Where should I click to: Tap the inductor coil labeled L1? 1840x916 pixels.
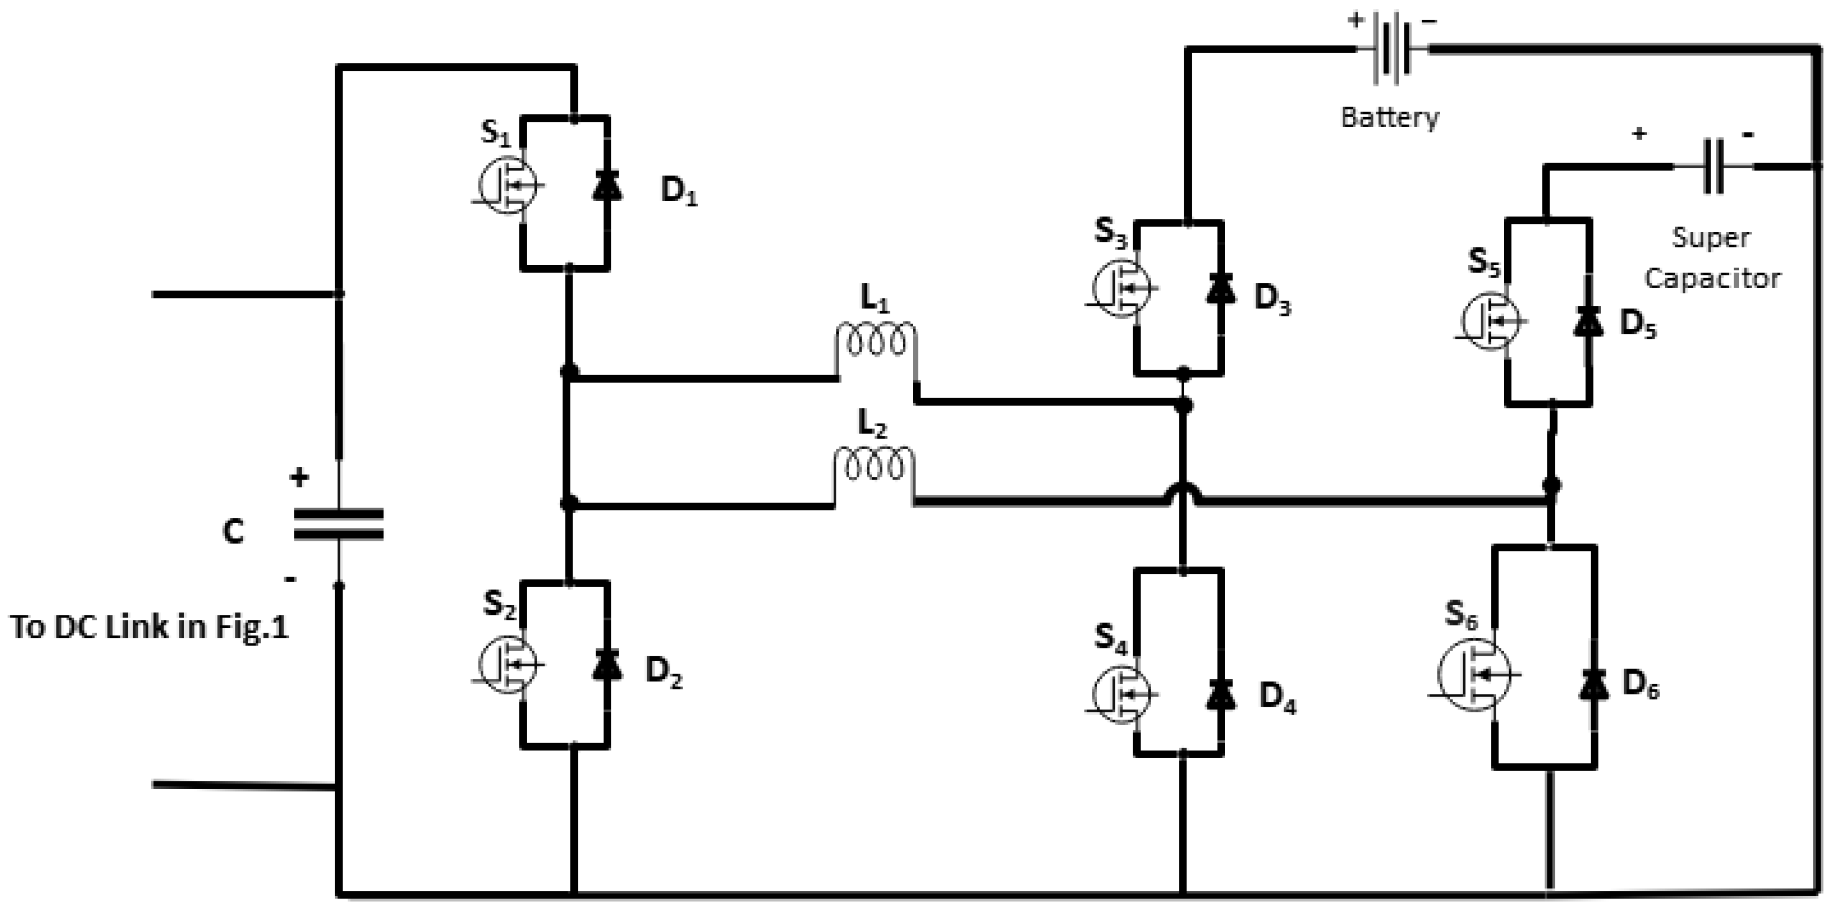coord(876,343)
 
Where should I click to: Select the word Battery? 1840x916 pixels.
coord(1389,117)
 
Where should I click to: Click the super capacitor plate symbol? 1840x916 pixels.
coord(1713,167)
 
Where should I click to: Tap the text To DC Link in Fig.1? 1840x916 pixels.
coord(149,627)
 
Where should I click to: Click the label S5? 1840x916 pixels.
coord(1484,262)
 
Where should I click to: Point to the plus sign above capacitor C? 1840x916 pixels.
coord(299,478)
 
